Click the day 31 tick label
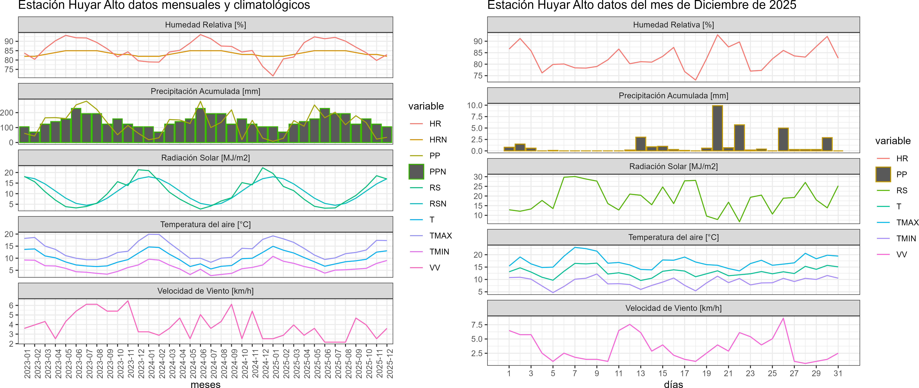838,373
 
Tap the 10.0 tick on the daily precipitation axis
474,105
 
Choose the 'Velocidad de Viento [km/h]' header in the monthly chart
205,291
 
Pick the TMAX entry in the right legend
907,222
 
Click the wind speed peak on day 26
783,318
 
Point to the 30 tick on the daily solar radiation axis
478,177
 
